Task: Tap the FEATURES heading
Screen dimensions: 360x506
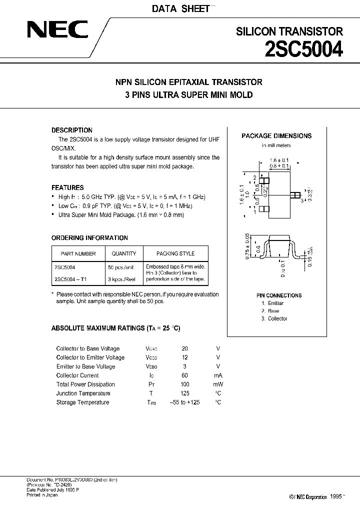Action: pos(67,187)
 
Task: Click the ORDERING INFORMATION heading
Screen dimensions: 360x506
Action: pos(90,238)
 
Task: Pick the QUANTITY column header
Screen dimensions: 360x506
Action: pos(124,253)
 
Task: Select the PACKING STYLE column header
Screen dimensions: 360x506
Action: pos(175,253)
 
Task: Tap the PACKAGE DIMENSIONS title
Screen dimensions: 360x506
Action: pos(276,135)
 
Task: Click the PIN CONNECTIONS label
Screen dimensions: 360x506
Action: pos(277,295)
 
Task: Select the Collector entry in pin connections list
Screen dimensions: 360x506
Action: pos(277,318)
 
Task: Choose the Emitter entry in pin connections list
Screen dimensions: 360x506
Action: pos(275,303)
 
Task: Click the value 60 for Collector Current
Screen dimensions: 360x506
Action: pos(185,375)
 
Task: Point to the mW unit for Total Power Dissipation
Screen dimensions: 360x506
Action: pos(218,384)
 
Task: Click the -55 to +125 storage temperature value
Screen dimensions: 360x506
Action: pos(185,402)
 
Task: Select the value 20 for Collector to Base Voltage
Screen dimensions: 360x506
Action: pos(185,348)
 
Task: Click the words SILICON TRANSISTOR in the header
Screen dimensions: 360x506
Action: pos(289,31)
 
